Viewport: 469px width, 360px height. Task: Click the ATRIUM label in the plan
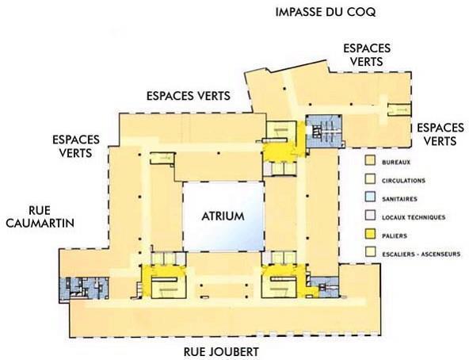coord(223,216)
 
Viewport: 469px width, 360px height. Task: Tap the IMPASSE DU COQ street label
coord(326,12)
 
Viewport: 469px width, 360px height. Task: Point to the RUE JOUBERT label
coord(221,352)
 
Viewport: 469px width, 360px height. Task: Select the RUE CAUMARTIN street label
coord(40,216)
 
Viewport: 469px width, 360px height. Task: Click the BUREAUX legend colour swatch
coord(370,160)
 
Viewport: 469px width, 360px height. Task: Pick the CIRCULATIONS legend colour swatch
coord(370,178)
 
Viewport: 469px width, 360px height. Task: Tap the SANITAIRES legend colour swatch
coord(370,197)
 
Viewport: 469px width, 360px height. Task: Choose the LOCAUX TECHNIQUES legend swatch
coord(370,216)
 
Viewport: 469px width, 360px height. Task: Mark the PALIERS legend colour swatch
coord(370,234)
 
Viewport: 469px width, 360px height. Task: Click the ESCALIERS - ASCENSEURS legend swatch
coord(370,252)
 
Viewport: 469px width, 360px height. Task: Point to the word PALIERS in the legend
coord(395,236)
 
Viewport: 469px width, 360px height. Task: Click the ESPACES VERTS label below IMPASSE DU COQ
coord(367,55)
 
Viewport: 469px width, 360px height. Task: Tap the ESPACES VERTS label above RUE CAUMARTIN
coord(76,146)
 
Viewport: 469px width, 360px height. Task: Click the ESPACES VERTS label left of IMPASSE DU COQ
coord(189,96)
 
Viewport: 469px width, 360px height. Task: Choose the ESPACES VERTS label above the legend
coord(440,134)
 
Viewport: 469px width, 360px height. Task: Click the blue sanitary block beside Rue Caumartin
coord(84,288)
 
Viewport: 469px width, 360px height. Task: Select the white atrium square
coord(223,216)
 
